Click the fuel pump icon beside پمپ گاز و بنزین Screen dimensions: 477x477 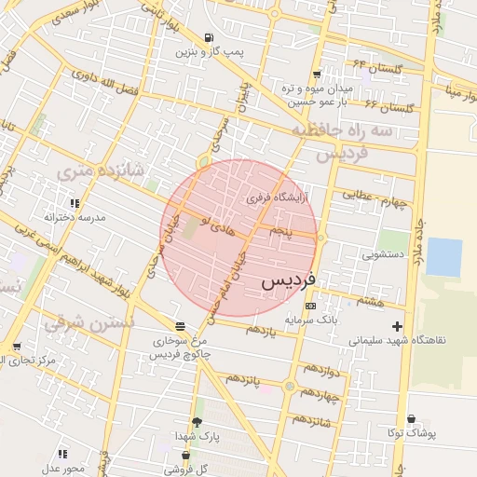pos(207,37)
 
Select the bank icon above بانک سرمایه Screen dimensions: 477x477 pos(309,306)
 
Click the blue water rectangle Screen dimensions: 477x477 pos(444,258)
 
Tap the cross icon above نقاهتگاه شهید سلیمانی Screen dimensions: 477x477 pos(398,326)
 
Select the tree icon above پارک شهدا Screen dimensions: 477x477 pos(196,421)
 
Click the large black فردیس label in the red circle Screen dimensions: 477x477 pos(288,278)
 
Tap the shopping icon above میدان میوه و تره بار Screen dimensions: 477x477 pos(318,74)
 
